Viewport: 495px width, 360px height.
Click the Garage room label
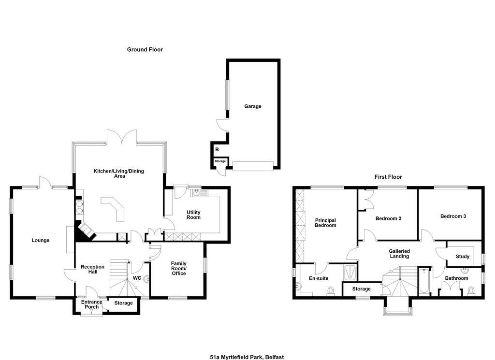coord(252,106)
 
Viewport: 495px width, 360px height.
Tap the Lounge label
coord(41,241)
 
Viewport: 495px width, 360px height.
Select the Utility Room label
coord(193,215)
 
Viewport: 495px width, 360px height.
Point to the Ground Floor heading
coord(145,50)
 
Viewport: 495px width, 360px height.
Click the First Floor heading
coord(388,177)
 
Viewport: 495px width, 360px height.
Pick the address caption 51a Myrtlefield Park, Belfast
coord(247,357)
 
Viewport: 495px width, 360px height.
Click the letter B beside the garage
coord(217,149)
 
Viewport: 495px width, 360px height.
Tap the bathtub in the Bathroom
coord(423,281)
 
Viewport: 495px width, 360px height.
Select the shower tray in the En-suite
coord(350,272)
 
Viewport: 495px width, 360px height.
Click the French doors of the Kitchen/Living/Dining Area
coord(121,137)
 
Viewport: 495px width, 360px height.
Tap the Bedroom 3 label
coord(453,216)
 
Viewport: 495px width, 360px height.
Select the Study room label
coord(463,257)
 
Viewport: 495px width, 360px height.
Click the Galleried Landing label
coord(399,254)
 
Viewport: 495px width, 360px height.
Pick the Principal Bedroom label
coord(325,223)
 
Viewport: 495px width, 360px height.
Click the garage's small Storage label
coord(220,161)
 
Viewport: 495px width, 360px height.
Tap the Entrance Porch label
coord(91,304)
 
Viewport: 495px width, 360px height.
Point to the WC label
coord(137,278)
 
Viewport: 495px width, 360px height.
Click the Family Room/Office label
coord(179,268)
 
